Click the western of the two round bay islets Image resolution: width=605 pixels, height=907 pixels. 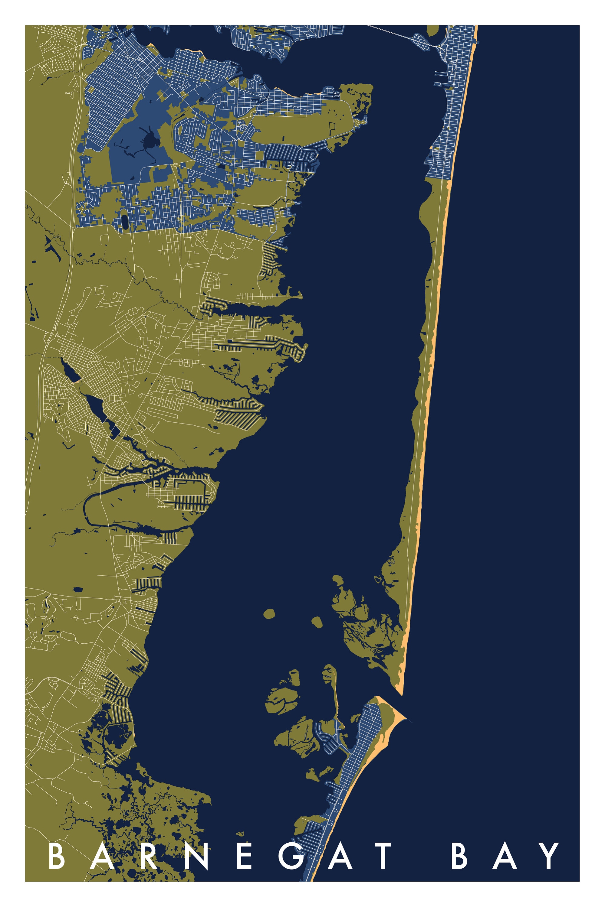269,613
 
